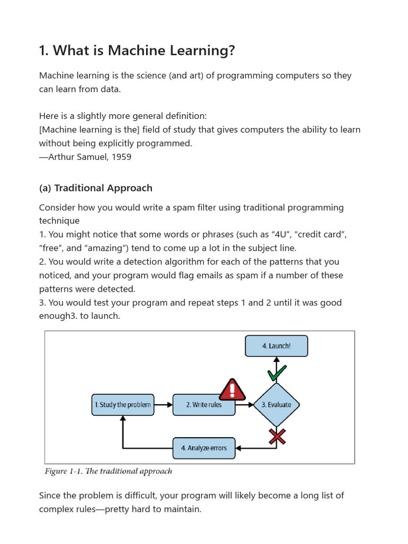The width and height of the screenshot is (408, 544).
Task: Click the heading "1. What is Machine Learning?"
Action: point(137,51)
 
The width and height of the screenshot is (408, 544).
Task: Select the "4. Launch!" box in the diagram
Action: point(276,346)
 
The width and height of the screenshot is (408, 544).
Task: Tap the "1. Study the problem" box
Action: point(123,405)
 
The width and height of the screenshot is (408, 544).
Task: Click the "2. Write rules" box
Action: point(204,405)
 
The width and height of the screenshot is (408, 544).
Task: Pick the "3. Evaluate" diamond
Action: point(276,405)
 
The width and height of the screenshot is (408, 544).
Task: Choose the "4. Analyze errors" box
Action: point(204,448)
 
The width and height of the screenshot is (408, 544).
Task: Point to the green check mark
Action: point(277,373)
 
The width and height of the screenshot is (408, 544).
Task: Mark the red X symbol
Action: point(277,436)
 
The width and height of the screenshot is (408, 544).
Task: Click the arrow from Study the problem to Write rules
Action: point(164,405)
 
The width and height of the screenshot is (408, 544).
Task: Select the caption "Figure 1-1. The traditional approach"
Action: point(108,471)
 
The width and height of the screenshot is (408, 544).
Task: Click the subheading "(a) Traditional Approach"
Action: point(96,188)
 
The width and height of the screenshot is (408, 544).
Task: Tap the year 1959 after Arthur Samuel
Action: point(121,157)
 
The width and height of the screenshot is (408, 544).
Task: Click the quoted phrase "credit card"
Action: point(324,234)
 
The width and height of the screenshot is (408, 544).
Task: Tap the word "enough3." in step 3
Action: point(62,316)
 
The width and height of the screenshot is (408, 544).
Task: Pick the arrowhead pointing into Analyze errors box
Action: point(239,448)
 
